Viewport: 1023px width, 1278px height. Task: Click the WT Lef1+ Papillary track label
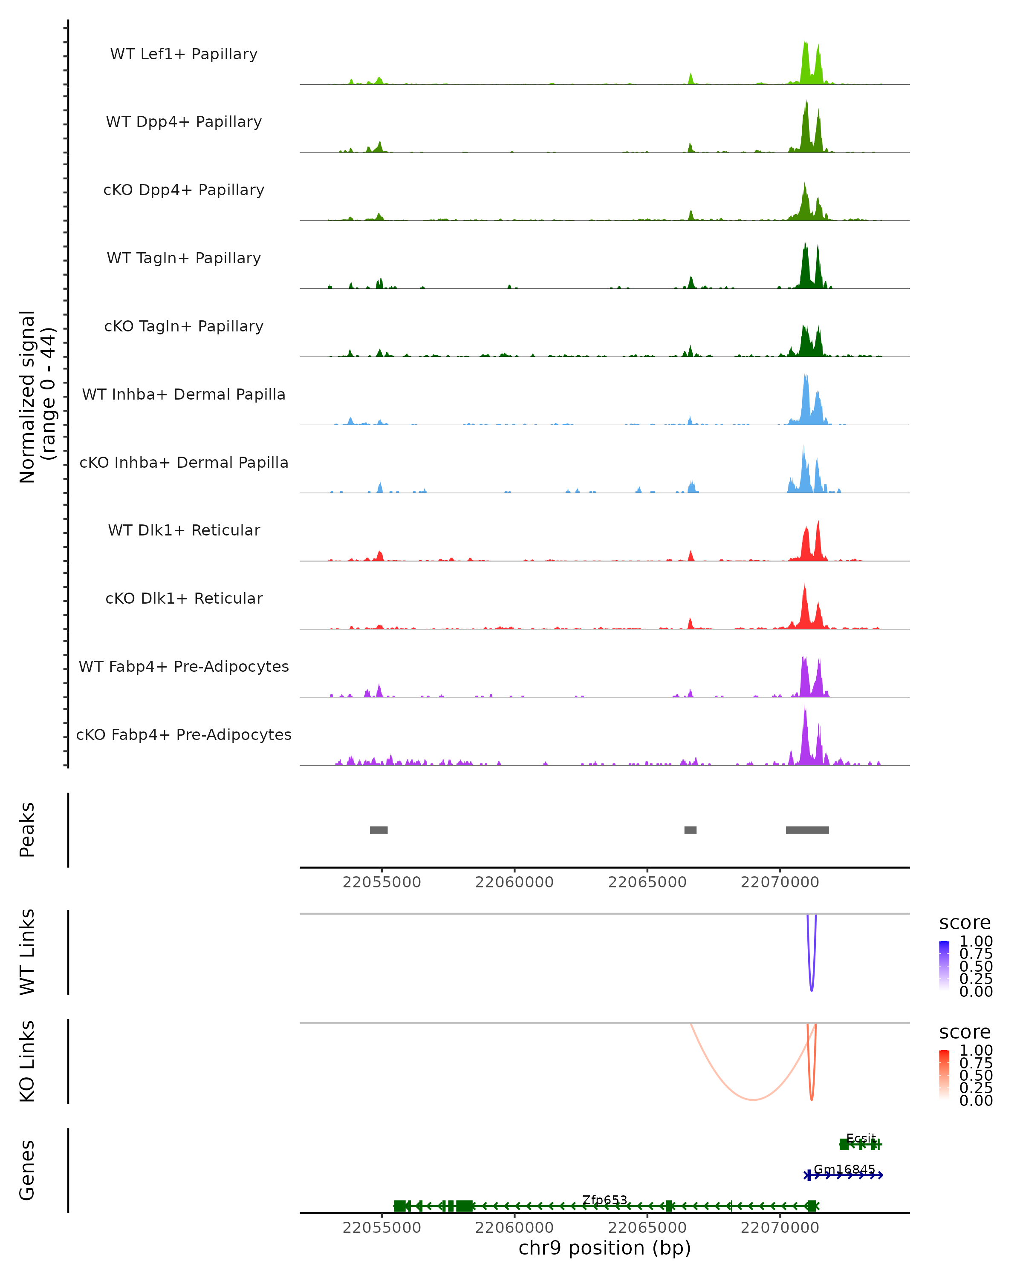pos(184,55)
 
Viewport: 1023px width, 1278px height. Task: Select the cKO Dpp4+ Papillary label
pos(184,190)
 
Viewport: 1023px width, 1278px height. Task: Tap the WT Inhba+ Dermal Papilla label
pos(184,395)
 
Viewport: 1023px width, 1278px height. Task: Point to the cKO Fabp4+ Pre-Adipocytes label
pos(184,735)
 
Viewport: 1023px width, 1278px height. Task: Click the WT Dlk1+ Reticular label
pos(184,530)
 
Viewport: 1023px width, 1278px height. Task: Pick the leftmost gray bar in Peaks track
pos(379,830)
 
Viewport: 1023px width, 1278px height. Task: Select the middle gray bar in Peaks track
pos(690,830)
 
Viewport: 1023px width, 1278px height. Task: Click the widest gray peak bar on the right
pos(807,830)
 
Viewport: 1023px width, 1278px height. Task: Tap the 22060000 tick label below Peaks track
pos(514,882)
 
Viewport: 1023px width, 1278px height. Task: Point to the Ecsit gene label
pos(861,1138)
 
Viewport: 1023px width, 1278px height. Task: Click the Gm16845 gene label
pos(844,1169)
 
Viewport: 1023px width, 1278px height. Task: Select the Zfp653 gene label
pos(604,1200)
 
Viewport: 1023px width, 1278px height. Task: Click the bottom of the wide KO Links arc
pos(753,1100)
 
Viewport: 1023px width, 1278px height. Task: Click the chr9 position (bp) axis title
pos(604,1248)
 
